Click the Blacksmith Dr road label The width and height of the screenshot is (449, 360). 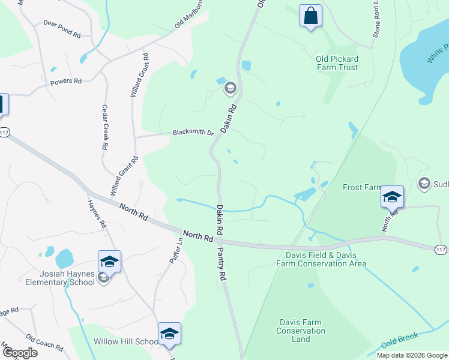pos(193,133)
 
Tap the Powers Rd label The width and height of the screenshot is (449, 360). pos(66,82)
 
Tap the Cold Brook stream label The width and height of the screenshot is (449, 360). pos(399,340)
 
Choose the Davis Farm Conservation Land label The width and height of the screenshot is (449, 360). pos(301,331)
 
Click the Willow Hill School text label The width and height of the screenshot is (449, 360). pos(126,341)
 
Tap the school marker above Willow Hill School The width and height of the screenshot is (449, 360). pos(169,334)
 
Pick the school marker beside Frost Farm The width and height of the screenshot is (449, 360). pos(391,196)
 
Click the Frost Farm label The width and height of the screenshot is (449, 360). pos(362,187)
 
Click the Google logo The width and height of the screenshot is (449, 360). pos(20,353)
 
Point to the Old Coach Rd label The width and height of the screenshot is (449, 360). pos(44,343)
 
